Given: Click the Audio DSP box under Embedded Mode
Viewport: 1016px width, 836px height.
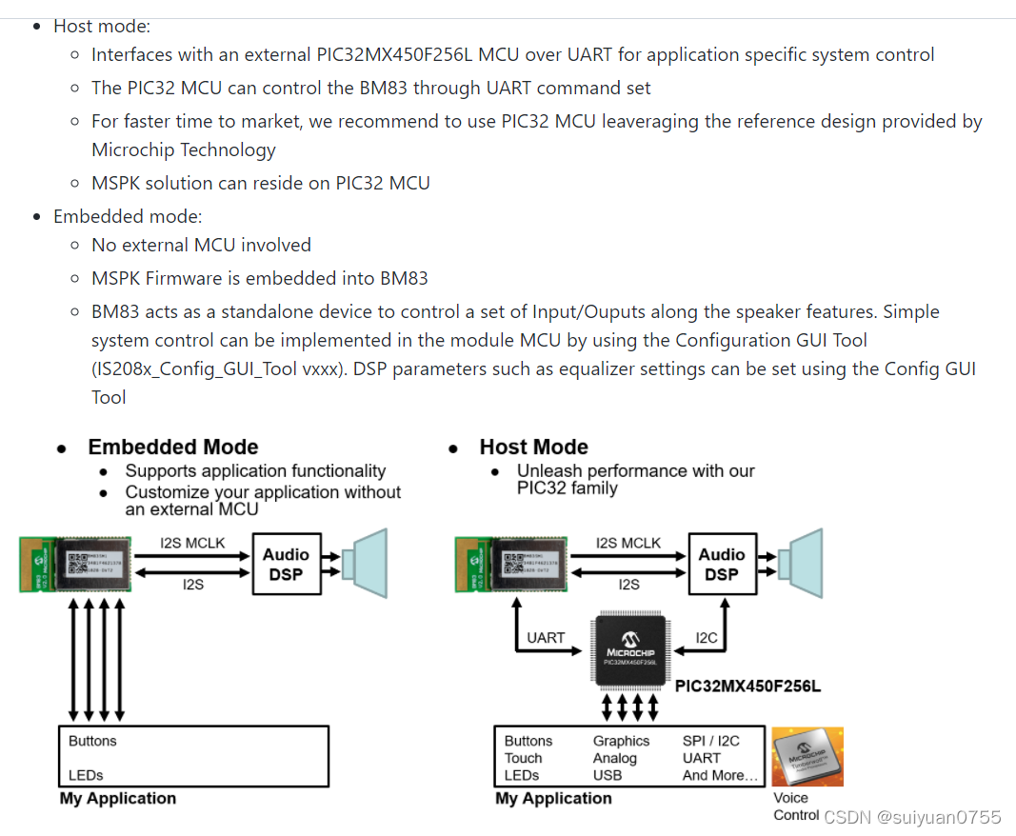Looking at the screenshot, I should [286, 565].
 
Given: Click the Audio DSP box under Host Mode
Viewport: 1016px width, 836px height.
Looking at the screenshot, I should [721, 565].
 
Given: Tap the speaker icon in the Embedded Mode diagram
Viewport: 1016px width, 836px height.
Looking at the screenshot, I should [366, 563].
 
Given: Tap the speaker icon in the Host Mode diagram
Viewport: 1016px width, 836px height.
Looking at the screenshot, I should [801, 563].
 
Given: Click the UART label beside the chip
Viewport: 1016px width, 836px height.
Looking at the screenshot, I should [546, 638].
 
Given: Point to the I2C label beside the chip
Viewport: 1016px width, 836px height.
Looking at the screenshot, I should [707, 638].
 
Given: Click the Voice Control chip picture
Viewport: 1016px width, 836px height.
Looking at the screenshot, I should [807, 757].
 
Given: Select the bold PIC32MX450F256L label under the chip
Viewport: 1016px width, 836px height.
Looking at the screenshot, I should [747, 687].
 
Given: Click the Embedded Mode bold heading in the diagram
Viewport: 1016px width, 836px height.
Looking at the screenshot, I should [173, 448].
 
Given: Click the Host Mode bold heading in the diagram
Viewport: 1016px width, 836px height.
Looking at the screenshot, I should [533, 448].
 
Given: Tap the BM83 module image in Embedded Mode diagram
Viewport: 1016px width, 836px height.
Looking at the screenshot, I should [75, 564].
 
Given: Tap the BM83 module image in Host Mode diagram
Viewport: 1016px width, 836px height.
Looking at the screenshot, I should [510, 564].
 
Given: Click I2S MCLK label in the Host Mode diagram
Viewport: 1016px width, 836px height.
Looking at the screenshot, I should [628, 543].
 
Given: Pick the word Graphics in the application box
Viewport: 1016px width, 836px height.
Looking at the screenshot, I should [621, 741].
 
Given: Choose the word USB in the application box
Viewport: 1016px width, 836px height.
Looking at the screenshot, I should [607, 775].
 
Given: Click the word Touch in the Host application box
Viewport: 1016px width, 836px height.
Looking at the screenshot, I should [523, 758].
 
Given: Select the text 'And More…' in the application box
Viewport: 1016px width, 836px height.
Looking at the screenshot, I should [720, 775].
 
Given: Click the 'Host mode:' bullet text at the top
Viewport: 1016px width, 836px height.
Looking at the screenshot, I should [102, 27].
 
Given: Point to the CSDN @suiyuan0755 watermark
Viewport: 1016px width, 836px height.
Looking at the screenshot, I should [912, 817].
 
